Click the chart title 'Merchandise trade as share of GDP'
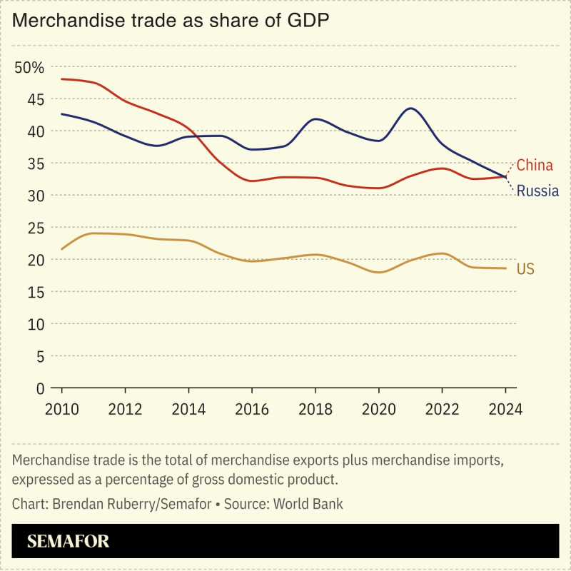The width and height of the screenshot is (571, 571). pos(171,21)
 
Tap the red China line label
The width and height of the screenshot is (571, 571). pos(535,166)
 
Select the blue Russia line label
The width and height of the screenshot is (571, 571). pos(537,191)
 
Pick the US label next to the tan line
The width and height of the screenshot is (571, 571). pos(525,269)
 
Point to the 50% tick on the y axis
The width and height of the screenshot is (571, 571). pos(30,68)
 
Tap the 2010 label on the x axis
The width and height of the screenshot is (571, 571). pos(62,410)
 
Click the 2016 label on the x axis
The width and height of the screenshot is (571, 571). pos(252,410)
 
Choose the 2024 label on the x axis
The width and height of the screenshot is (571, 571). pos(505,410)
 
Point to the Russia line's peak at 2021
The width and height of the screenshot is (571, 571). pos(410,108)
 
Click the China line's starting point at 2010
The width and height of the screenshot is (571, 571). pos(62,79)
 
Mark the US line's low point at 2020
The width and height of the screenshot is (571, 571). pos(379,273)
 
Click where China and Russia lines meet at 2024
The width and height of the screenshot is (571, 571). pos(505,176)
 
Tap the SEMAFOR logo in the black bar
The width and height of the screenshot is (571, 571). pos(68,542)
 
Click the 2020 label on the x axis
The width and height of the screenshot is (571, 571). pos(379,410)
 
